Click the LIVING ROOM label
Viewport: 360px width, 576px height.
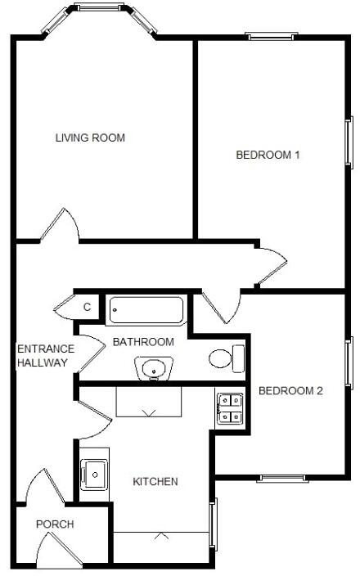[90, 137]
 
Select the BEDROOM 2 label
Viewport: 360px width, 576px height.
[290, 390]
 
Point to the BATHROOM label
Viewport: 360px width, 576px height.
[143, 341]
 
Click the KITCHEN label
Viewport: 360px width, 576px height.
[155, 481]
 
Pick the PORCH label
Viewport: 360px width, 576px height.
[55, 524]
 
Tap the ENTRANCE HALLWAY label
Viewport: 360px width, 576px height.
[46, 356]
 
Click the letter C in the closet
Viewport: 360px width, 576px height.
[87, 308]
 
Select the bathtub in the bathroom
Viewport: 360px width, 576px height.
[146, 310]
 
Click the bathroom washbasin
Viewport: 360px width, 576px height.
[153, 371]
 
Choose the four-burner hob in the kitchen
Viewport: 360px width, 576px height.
[229, 408]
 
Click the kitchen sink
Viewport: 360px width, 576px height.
[95, 473]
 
